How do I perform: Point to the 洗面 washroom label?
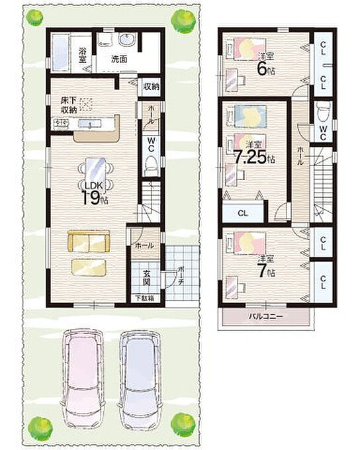point(119,59)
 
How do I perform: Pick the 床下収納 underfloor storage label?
point(68,105)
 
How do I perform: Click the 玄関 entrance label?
point(146,277)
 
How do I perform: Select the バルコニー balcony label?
point(266,316)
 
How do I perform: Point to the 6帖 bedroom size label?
point(266,69)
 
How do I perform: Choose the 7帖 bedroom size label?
point(267,271)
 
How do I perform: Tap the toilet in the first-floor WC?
point(151,166)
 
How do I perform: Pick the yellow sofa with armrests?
point(89,241)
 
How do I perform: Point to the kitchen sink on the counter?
point(90,123)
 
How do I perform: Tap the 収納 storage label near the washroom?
point(152,87)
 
